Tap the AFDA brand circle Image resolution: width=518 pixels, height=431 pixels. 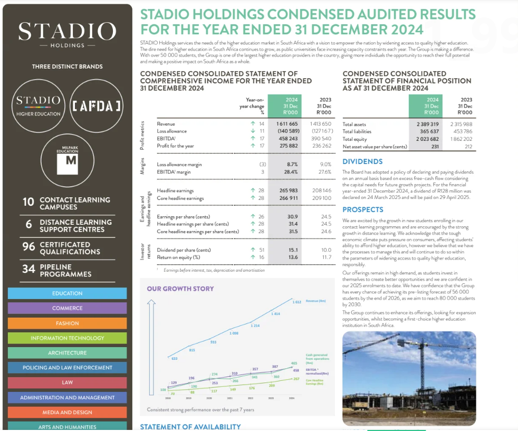coord(97,106)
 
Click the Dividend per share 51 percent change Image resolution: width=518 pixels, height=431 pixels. coord(258,250)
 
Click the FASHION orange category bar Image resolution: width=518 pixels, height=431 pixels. coord(67,323)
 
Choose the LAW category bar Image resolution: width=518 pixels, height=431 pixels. coord(67,382)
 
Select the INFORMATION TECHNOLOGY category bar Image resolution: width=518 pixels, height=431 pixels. coord(67,338)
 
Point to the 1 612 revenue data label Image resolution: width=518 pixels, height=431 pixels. coord(297,302)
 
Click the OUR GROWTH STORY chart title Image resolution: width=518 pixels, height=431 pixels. coord(180,289)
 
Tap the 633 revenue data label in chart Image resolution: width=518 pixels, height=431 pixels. coord(175,359)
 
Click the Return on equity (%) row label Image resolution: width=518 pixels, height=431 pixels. coord(178,257)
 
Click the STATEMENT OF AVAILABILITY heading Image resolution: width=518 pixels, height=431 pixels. coord(190,427)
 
